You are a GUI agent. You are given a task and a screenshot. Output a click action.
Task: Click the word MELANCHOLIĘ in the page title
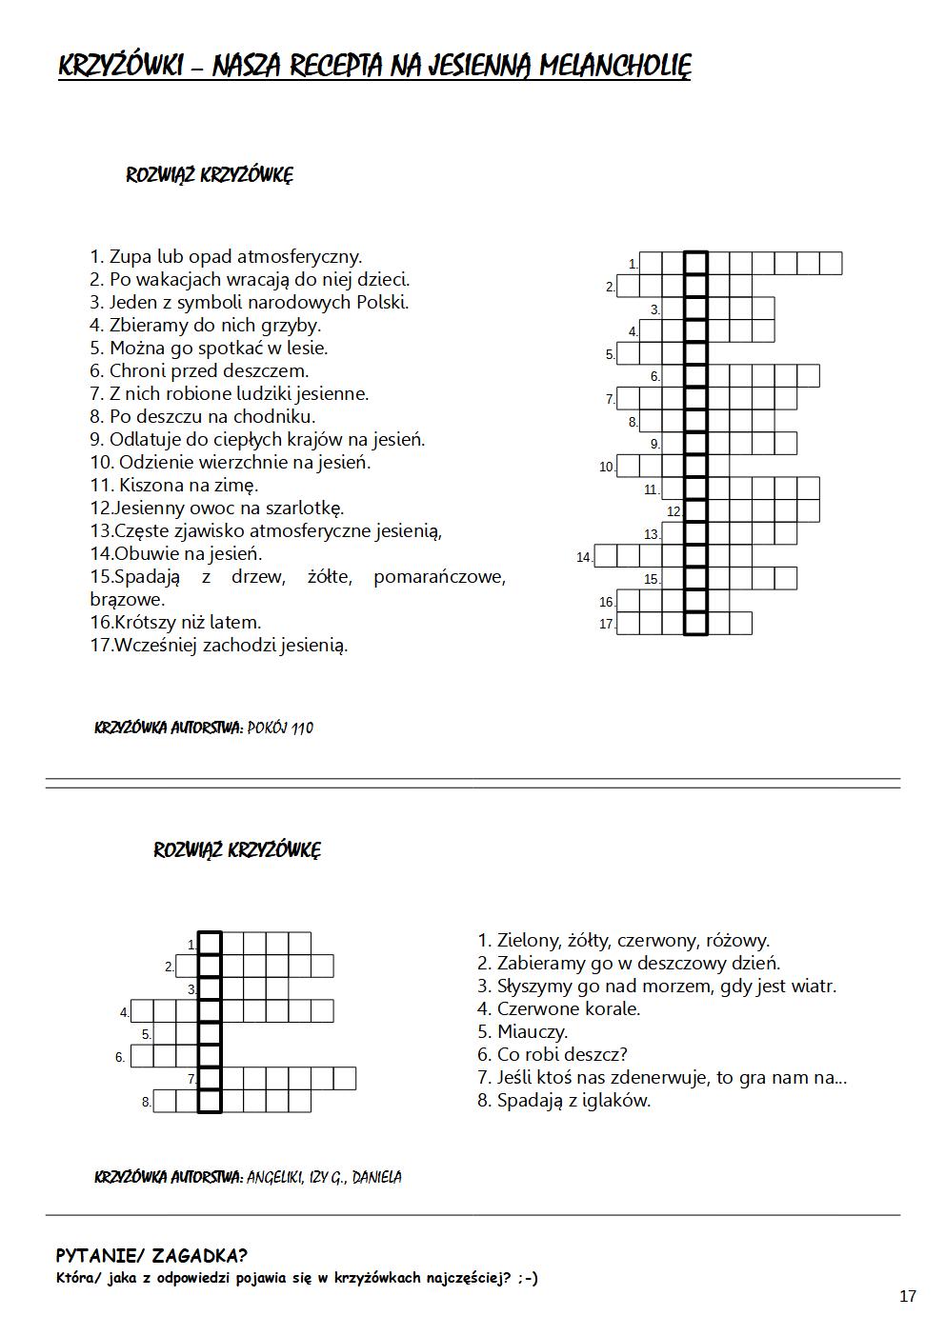coord(614,66)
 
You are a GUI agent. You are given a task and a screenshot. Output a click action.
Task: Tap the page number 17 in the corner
coord(907,1296)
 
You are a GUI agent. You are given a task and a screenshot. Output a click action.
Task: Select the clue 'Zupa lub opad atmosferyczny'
coord(226,256)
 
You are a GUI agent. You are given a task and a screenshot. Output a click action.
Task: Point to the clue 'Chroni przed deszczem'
coord(199,370)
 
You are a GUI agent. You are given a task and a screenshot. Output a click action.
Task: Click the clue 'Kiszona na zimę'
coord(174,485)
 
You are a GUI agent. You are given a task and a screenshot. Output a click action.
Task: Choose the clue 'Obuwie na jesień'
coord(176,553)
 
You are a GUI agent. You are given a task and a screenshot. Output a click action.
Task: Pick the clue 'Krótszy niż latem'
coord(175,622)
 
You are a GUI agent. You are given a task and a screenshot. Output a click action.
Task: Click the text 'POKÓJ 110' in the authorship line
coord(279,728)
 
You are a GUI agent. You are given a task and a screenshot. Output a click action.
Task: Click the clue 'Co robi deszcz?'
coord(552,1054)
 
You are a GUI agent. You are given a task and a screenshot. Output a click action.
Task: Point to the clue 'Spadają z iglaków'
coord(564,1100)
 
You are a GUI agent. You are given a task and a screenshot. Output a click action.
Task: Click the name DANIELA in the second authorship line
coord(376,1178)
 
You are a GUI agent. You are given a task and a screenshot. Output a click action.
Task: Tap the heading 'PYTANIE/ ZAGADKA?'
coord(151,1256)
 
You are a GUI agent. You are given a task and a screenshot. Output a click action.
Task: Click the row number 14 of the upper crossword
coord(584,557)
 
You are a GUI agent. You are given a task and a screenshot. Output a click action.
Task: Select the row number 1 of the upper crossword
coord(633,264)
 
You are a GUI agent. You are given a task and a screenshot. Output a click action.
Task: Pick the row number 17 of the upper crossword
coord(607,625)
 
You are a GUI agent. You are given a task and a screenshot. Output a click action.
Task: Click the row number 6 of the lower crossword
coord(120,1057)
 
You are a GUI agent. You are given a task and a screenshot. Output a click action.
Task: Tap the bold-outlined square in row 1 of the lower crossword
coord(210,943)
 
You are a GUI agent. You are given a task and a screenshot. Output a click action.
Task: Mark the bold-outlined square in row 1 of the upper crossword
coord(696,263)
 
